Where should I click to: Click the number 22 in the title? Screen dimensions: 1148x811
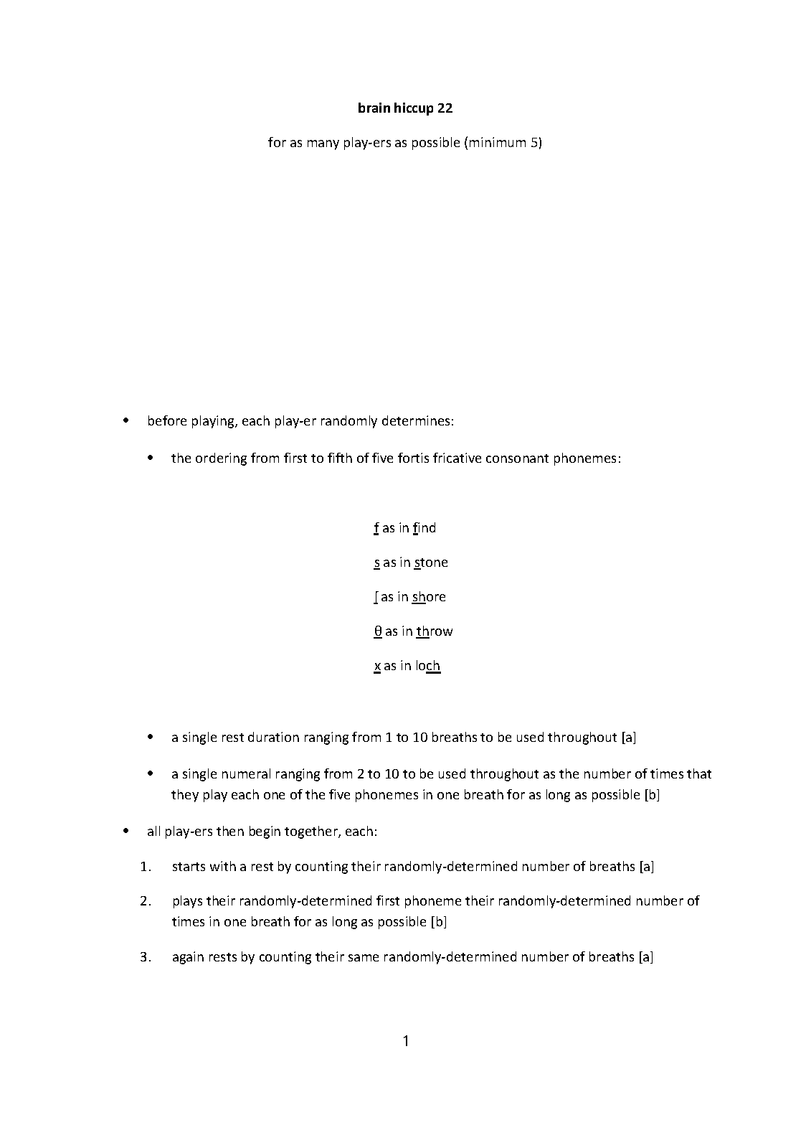[445, 108]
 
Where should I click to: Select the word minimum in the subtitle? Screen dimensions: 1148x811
[498, 142]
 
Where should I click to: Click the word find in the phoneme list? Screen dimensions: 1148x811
[424, 528]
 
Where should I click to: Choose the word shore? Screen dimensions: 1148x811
[429, 597]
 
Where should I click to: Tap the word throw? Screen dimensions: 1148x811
[435, 631]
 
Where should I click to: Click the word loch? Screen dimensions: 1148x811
[427, 666]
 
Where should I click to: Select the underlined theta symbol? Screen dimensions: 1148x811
[378, 631]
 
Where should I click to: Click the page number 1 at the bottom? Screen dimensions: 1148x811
[406, 1041]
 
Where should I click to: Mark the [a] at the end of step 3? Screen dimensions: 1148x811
[645, 956]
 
